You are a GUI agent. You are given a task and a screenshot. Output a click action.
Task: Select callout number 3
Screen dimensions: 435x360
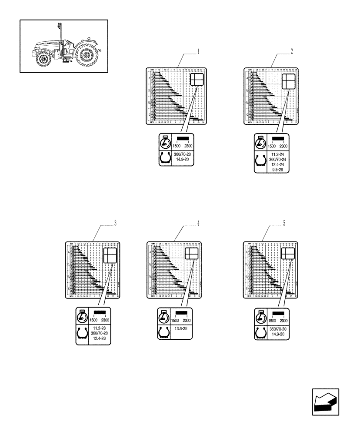(115, 224)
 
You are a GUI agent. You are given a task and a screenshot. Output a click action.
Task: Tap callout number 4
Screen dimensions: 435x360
(198, 224)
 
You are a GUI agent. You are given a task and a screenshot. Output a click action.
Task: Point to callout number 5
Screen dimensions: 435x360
(284, 224)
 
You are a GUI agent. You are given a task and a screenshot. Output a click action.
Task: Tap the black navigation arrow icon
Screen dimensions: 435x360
(325, 403)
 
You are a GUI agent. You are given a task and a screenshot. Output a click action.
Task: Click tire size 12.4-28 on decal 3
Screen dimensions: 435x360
(100, 338)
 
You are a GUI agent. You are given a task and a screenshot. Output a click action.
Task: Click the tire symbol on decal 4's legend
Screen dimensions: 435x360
(163, 331)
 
